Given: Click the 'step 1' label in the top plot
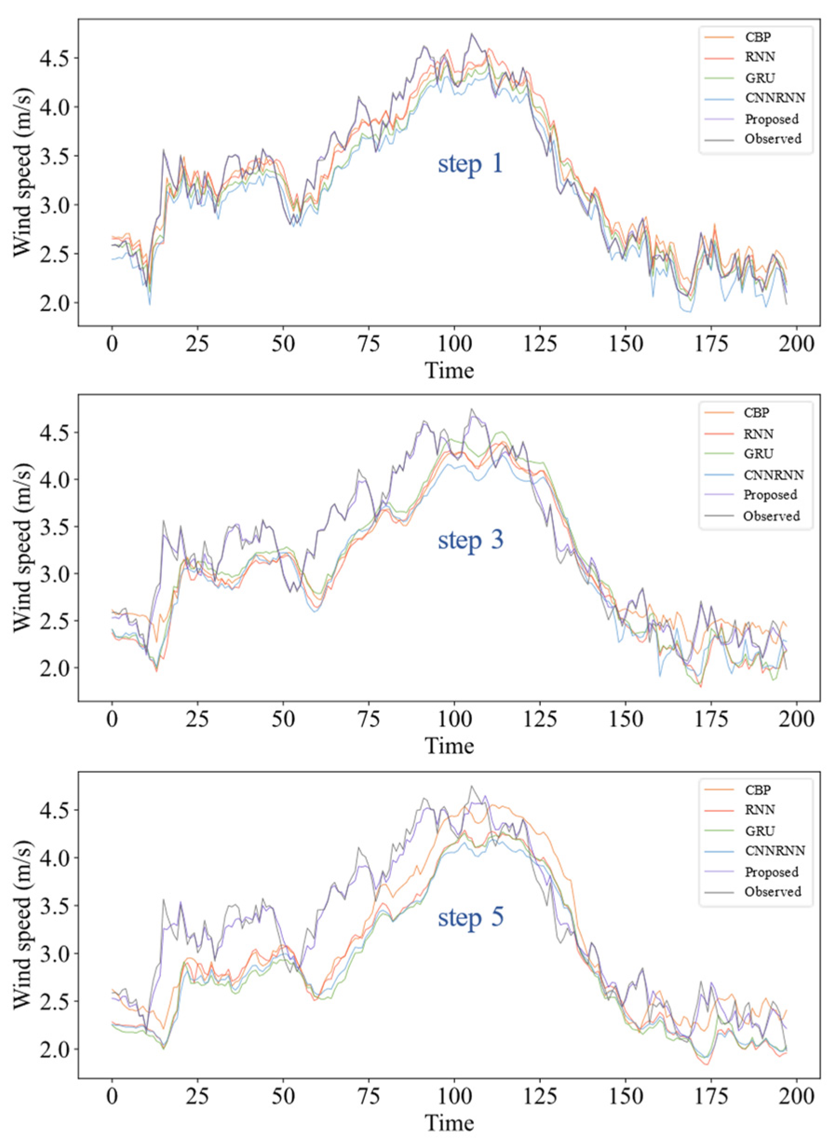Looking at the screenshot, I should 470,164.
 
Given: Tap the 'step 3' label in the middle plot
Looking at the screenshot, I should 470,540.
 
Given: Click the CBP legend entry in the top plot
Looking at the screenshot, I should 758,37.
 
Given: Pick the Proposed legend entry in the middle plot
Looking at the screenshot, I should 770,495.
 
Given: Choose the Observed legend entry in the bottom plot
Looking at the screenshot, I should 773,891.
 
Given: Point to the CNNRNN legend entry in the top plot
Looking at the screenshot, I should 774,98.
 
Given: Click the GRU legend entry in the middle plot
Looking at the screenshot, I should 758,454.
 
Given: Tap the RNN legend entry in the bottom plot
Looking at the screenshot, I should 760,810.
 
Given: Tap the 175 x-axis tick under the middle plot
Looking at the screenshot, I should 711,720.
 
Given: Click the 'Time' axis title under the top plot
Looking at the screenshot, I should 449,370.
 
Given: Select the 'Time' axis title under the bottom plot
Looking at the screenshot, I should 449,1123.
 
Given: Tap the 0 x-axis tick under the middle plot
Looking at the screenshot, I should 112,720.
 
